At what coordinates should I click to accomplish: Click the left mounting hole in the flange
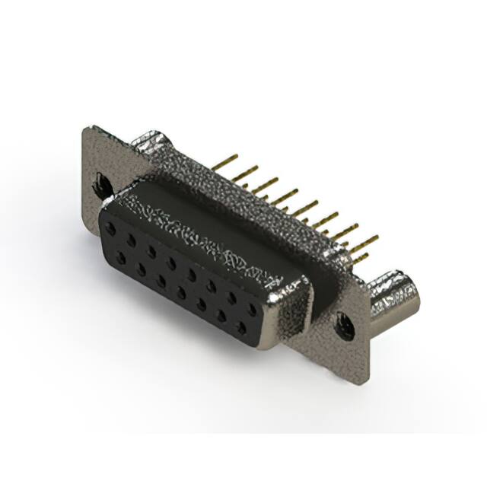[x=101, y=183]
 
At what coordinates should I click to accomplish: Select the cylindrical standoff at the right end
[x=392, y=298]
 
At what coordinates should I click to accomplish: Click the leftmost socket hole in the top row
[x=113, y=229]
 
